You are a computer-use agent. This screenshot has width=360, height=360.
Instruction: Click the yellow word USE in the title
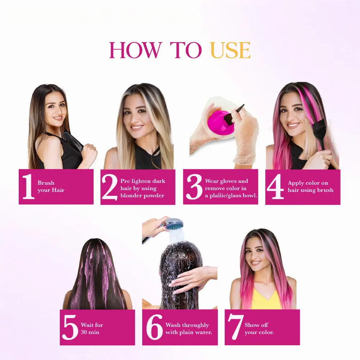[x=230, y=50]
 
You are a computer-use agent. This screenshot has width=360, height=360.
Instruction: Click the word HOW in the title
[x=135, y=50]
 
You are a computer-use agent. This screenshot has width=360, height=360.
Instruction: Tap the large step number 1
[x=28, y=186]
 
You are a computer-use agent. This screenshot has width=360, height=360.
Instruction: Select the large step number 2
[x=109, y=186]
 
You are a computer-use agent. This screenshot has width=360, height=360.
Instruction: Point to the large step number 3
[x=194, y=186]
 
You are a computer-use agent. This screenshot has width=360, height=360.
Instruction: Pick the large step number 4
[x=275, y=186]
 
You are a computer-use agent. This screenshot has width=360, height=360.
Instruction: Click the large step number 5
[x=70, y=327]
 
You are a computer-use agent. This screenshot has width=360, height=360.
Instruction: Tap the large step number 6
[x=154, y=327]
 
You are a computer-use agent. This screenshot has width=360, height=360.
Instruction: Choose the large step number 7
[x=236, y=327]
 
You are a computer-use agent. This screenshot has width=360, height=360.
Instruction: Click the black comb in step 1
[x=72, y=141]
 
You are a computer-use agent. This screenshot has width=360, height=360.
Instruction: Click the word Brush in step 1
[x=46, y=183]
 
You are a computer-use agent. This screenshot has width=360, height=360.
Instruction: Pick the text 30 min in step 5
[x=90, y=332]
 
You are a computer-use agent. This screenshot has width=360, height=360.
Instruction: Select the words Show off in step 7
[x=256, y=325]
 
